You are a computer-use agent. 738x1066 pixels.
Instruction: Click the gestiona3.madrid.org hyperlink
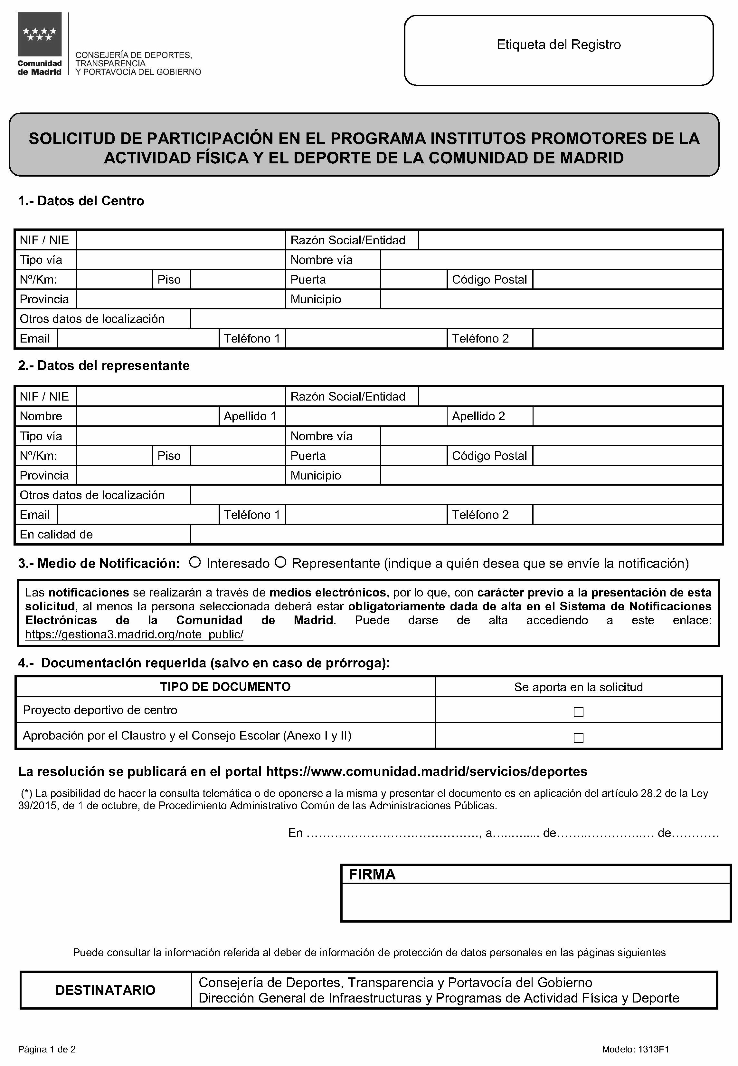(x=134, y=634)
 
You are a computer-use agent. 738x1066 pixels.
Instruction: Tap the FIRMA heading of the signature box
(x=372, y=874)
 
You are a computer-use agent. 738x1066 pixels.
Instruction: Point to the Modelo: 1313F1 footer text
(x=635, y=1049)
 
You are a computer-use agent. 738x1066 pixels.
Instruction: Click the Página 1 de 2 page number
(x=47, y=1049)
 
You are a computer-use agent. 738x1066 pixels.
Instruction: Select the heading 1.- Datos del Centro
(x=81, y=201)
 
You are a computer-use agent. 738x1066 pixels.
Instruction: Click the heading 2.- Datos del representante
(x=104, y=365)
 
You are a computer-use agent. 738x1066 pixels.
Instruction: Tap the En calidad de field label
(x=56, y=534)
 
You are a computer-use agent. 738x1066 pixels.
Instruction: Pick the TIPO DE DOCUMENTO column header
(x=225, y=687)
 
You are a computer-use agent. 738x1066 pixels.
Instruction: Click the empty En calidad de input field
(x=456, y=534)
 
